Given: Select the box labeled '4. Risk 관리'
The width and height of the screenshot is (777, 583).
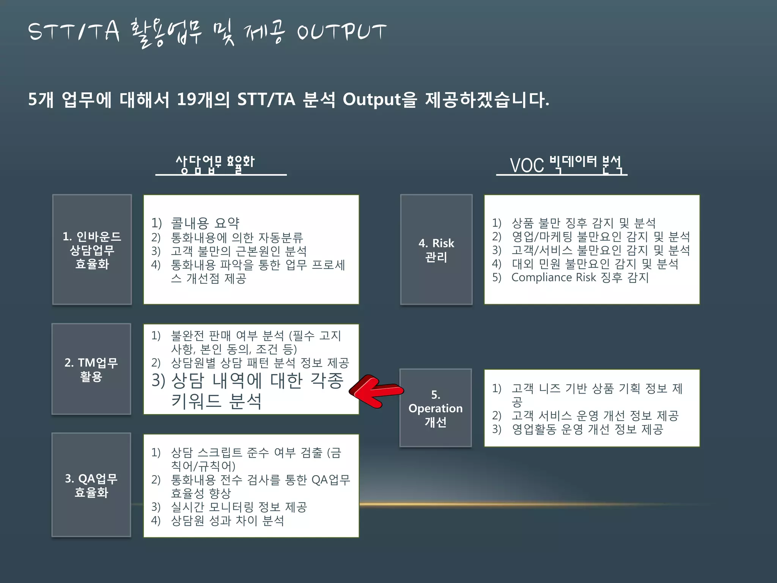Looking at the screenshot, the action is (436, 249).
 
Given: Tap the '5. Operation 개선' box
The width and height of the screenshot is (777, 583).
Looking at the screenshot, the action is (436, 408).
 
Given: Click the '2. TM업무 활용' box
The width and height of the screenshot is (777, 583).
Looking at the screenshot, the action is (91, 369).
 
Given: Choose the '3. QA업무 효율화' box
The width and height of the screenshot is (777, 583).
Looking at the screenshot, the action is (91, 485).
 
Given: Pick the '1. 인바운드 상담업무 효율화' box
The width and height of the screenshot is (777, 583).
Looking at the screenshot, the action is (92, 249).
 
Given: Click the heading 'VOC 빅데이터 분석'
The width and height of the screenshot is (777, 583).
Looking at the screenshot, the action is (565, 165).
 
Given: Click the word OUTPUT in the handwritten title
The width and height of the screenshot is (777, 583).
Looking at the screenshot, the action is (341, 32).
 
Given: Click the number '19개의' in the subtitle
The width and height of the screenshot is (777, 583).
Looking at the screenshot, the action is (203, 99).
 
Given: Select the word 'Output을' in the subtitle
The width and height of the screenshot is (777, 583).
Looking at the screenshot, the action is (379, 99).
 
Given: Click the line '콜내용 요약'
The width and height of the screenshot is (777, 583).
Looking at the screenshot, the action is (205, 223).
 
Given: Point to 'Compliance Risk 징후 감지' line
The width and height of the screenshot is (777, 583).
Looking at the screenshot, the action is (580, 277).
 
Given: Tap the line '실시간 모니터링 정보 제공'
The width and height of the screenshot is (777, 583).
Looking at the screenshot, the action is (239, 507).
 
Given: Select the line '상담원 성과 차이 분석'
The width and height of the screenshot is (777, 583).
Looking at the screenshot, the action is (227, 520).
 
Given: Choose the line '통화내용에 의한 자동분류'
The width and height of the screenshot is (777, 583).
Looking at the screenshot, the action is (237, 238).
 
